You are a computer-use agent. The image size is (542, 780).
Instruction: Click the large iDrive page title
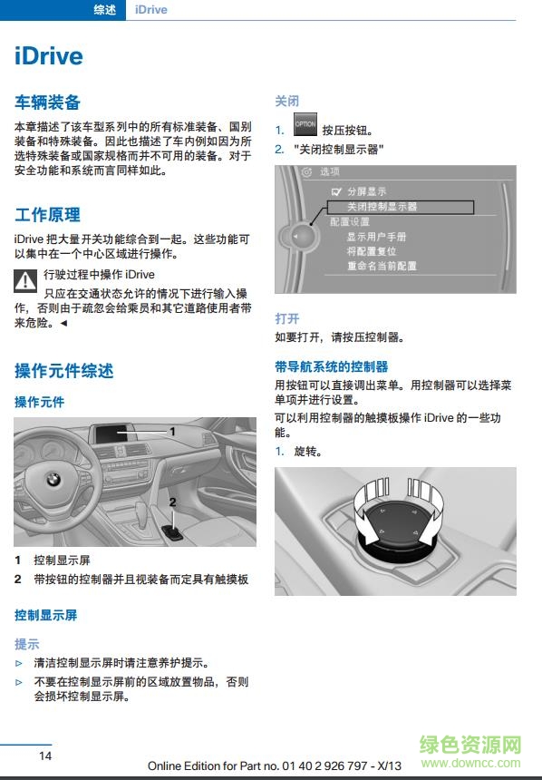tap(49, 56)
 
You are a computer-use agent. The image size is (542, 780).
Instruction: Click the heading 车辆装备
tap(47, 102)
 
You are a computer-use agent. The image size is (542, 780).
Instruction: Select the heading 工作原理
tap(47, 215)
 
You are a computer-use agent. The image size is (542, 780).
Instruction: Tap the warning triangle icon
tap(25, 279)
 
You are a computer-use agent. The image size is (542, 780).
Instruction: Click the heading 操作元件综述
tap(63, 370)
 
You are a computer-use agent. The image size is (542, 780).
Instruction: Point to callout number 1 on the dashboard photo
tap(172, 432)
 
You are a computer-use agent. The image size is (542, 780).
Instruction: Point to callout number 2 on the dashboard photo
tap(172, 501)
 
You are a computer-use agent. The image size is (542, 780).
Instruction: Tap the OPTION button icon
tap(305, 125)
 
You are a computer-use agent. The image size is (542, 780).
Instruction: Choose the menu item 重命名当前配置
tap(382, 266)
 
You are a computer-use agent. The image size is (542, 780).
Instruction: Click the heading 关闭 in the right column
tap(286, 101)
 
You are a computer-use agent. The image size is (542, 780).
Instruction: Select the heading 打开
tap(286, 318)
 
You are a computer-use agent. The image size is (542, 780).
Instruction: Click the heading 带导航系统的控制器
tap(331, 366)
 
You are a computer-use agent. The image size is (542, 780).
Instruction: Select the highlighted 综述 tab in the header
tap(105, 9)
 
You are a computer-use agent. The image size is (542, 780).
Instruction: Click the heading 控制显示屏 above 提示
tap(45, 615)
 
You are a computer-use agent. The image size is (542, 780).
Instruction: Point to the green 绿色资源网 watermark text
tap(470, 746)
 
